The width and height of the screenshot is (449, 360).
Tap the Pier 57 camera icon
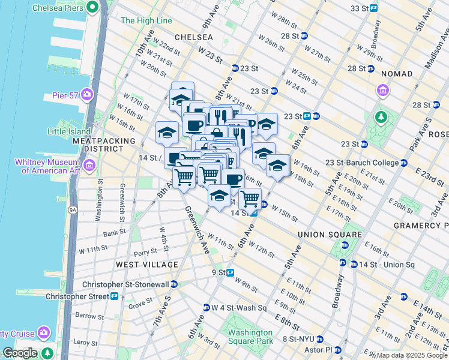[88, 94]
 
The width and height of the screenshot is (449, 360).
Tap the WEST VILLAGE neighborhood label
[147, 265]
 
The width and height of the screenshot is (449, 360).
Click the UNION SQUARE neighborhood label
[330, 235]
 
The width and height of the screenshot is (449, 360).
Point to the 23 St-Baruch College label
[362, 163]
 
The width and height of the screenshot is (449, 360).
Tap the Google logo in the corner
[19, 353]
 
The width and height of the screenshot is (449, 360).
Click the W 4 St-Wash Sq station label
[238, 307]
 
